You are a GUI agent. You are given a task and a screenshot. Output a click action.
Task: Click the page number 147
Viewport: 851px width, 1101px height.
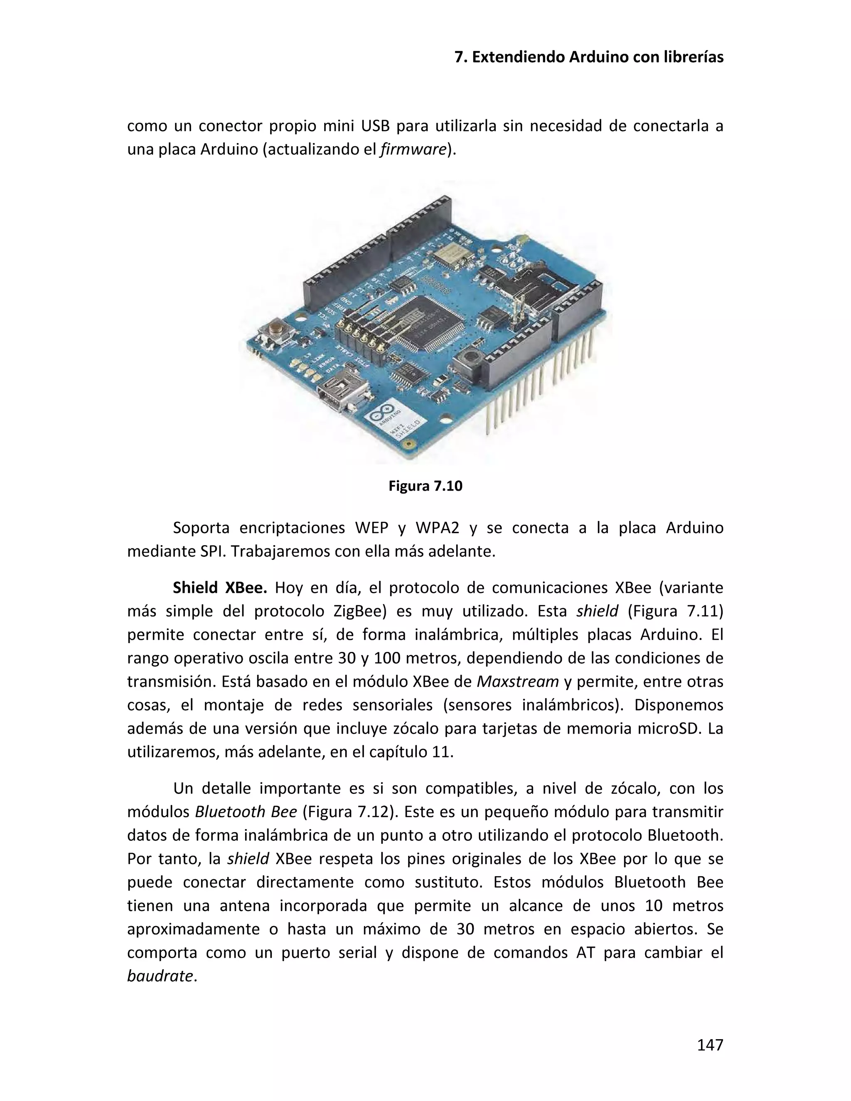(x=710, y=1044)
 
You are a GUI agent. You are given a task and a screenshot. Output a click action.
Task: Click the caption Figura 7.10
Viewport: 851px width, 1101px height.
(x=425, y=486)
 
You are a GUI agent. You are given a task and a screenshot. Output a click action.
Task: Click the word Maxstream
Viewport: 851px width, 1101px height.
(x=517, y=681)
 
